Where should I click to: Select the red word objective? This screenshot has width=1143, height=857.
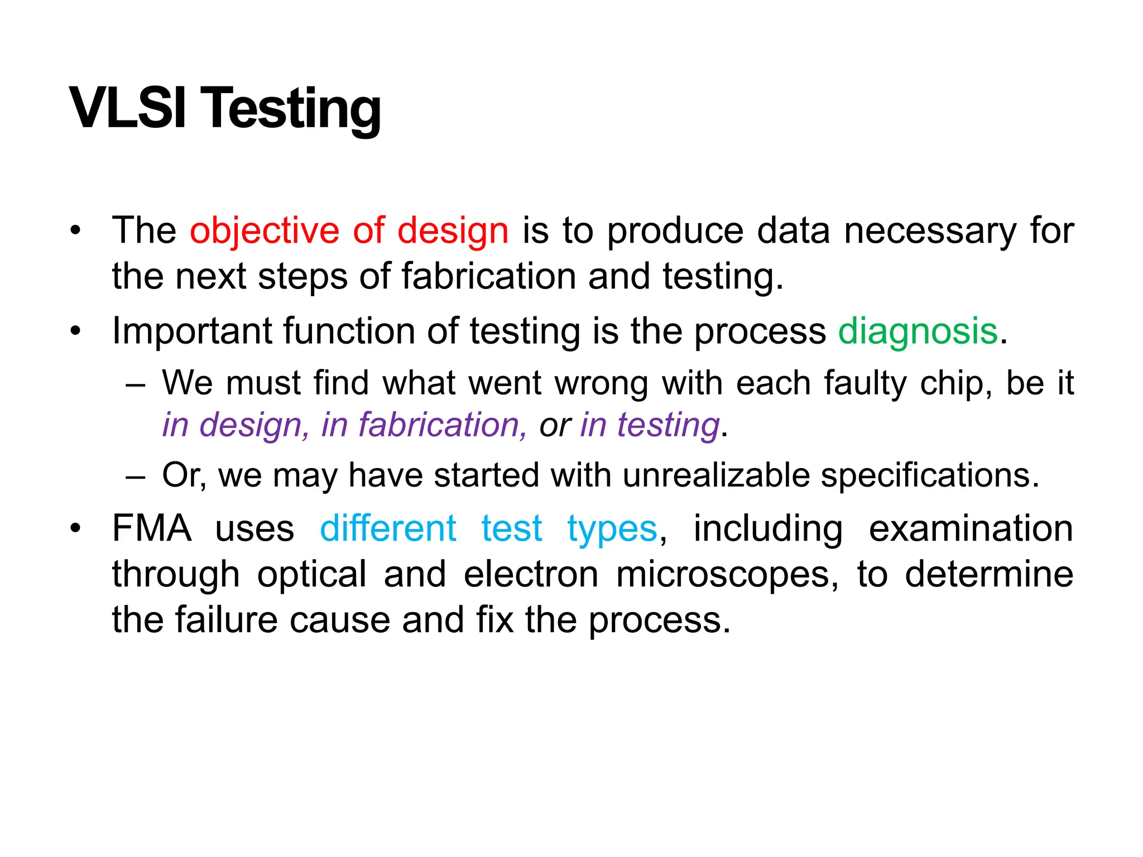pos(264,230)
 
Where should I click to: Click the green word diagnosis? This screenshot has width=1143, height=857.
pos(918,331)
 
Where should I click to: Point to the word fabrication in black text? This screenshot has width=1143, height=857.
pos(488,276)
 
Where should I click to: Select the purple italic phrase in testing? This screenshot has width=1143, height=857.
pos(650,425)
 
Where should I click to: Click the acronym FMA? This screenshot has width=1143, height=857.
pos(152,528)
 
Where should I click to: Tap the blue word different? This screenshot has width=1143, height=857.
pos(388,528)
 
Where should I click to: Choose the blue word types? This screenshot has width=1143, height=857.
pos(612,529)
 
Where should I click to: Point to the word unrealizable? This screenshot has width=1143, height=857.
pos(716,475)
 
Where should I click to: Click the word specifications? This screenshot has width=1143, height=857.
pos(930,475)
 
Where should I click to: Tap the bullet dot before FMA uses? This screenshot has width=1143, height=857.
pos(75,528)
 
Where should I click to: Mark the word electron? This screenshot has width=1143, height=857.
pos(531,575)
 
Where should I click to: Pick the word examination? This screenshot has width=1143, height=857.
pos(971,528)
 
